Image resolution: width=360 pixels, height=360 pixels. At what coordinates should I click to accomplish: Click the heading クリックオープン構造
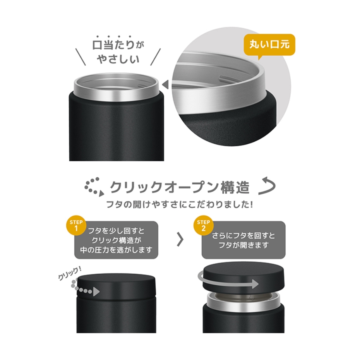[179, 187]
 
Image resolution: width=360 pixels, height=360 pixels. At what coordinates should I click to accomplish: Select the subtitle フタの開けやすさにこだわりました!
[180, 204]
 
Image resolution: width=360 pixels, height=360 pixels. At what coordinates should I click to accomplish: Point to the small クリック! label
[69, 277]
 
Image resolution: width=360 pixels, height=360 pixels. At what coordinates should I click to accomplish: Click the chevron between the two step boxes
[180, 240]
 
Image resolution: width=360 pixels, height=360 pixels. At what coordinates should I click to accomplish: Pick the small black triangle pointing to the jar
[165, 84]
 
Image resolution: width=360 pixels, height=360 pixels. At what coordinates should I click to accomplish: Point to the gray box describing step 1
[117, 240]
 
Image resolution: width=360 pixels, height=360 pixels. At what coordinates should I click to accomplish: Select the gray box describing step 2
[243, 240]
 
